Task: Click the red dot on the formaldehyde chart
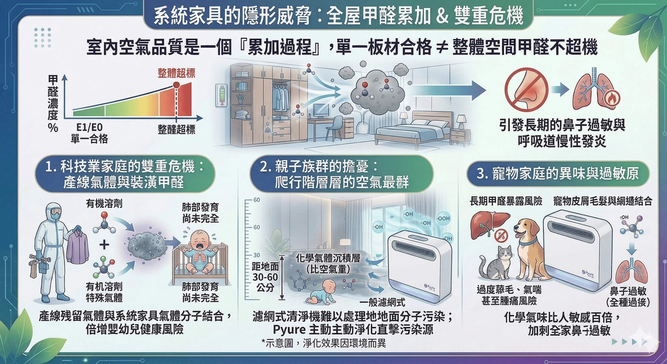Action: point(176,85)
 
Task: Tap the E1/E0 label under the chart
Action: point(89,127)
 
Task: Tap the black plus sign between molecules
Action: point(104,244)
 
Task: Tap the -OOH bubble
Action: point(443,218)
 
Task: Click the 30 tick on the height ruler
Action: point(256,255)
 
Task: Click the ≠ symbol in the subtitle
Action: point(442,48)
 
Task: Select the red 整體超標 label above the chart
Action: point(176,73)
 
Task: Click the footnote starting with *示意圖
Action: point(323,343)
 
